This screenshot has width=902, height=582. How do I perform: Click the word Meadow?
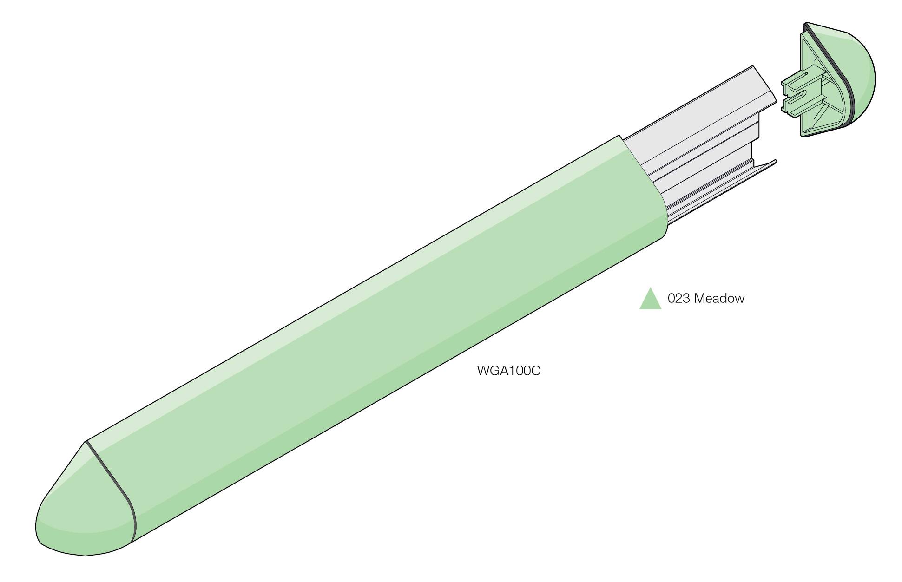click(719, 298)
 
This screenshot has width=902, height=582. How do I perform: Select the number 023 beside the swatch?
click(678, 298)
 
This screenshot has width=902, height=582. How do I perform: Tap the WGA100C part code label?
click(509, 371)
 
